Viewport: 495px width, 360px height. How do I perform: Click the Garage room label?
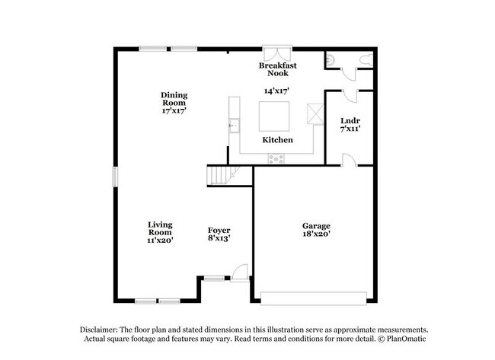[316, 226]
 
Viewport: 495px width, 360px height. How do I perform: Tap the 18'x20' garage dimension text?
[316, 234]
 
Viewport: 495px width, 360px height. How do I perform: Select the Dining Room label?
[174, 99]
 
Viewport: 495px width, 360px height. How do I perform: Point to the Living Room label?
[160, 228]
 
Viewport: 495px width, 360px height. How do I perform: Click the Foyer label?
[219, 231]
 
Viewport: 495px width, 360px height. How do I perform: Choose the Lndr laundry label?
[350, 121]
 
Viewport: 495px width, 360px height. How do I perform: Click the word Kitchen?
[277, 140]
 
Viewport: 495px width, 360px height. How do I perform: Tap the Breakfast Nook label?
[278, 69]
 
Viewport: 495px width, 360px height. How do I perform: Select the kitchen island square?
[274, 116]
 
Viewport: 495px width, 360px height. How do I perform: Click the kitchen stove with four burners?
[276, 159]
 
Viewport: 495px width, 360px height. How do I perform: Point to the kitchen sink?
[234, 126]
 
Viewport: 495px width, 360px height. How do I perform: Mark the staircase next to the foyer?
[223, 176]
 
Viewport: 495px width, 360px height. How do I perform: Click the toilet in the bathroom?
[366, 60]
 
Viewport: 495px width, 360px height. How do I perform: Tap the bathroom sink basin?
[330, 60]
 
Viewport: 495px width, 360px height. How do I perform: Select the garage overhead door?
[314, 298]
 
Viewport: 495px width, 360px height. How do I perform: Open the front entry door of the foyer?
[239, 272]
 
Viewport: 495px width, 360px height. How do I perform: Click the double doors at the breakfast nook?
[277, 53]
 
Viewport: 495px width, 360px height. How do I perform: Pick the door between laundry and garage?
[349, 160]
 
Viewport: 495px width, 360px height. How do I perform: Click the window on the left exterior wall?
[115, 177]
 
